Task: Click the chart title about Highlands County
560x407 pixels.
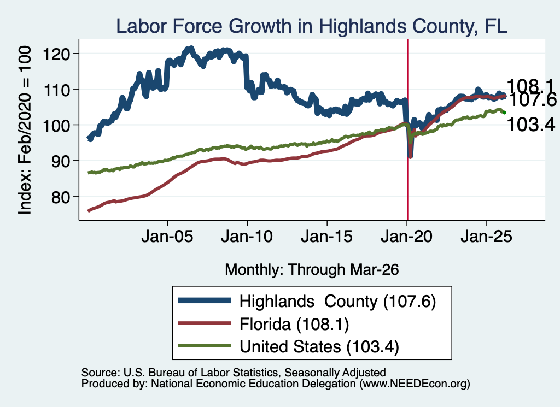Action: (x=311, y=26)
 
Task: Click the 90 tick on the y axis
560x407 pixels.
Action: (x=62, y=161)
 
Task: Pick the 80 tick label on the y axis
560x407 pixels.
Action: (x=62, y=197)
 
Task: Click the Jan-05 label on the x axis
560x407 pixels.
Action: (x=167, y=237)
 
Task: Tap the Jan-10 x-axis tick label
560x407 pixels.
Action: (x=247, y=237)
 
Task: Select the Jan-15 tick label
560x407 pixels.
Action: (x=327, y=237)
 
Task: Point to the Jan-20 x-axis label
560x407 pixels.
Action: (x=407, y=237)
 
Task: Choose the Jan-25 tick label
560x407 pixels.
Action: (x=486, y=237)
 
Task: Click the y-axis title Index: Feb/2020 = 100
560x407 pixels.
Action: (x=25, y=130)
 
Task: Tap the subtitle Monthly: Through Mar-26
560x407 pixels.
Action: (x=312, y=269)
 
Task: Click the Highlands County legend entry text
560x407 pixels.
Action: (x=337, y=302)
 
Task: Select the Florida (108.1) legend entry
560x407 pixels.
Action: (x=294, y=325)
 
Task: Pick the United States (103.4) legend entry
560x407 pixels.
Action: (x=319, y=347)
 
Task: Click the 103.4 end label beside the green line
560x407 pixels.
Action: (x=531, y=125)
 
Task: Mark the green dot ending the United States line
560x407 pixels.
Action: (x=504, y=113)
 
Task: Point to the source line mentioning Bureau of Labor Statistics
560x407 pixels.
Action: (x=234, y=373)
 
